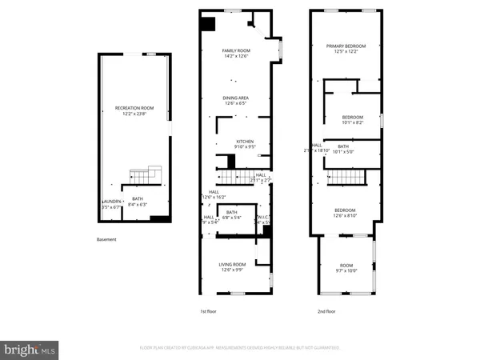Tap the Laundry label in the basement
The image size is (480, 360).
(x=111, y=201)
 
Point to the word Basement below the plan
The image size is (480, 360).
(x=106, y=240)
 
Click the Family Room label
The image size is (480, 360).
(x=236, y=50)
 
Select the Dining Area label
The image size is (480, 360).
(x=235, y=98)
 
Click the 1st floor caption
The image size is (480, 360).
(x=209, y=311)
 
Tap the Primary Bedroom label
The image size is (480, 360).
(x=346, y=46)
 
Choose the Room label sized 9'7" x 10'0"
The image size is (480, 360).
(x=346, y=268)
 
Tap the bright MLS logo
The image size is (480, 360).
(x=30, y=349)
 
